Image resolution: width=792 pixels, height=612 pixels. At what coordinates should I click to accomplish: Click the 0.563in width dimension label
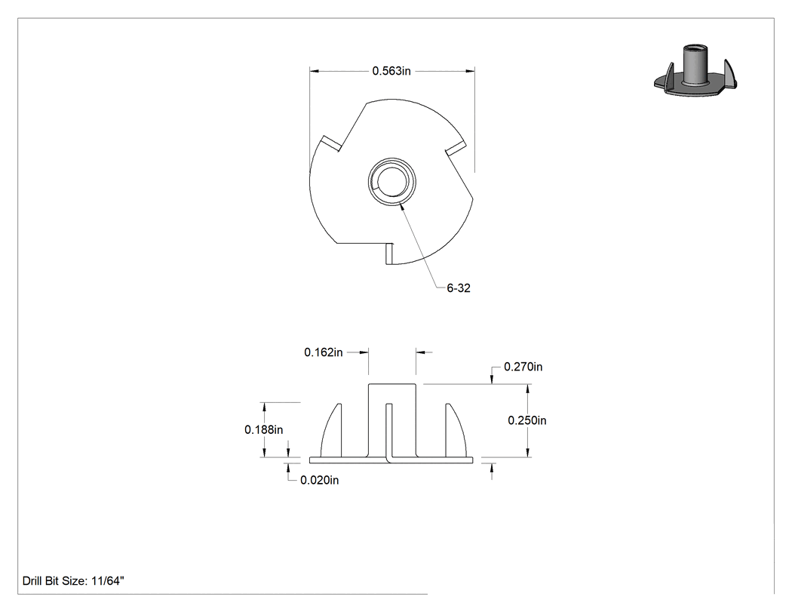click(391, 71)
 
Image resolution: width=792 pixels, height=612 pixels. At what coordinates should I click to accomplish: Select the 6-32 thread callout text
click(459, 288)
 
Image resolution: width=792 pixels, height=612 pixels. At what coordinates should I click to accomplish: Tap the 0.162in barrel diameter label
click(324, 352)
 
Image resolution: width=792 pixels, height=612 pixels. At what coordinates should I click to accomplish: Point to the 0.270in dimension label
click(523, 367)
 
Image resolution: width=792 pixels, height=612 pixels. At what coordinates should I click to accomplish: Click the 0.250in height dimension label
click(527, 420)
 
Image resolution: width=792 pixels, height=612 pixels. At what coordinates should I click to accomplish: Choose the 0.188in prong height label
click(264, 429)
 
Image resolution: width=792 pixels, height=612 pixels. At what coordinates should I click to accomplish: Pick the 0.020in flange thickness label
click(320, 480)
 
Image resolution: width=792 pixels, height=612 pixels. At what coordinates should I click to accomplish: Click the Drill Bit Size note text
click(73, 581)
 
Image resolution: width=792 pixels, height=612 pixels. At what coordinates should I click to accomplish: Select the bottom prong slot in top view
click(389, 254)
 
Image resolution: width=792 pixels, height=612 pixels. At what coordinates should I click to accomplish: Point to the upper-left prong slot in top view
click(331, 143)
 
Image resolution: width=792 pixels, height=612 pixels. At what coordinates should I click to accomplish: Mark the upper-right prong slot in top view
click(455, 148)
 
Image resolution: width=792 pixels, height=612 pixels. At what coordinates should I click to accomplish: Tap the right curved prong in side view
click(456, 430)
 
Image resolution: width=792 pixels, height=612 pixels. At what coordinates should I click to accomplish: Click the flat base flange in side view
click(391, 460)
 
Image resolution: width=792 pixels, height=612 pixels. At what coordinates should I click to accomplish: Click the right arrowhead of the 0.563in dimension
click(470, 71)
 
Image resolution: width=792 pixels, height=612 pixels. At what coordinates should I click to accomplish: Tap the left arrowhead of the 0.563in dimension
click(315, 71)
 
